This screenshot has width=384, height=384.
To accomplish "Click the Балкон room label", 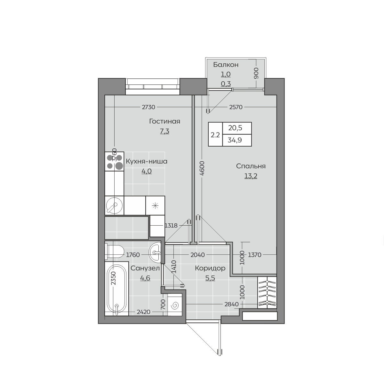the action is click(x=226, y=65).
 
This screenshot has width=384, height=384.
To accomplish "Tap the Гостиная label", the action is click(x=164, y=121).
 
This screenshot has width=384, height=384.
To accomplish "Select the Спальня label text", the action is click(x=251, y=166).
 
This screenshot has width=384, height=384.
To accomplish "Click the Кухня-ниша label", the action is click(x=147, y=161).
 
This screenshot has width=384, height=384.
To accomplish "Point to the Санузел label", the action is click(x=145, y=268).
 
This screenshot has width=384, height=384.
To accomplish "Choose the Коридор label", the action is click(x=210, y=268).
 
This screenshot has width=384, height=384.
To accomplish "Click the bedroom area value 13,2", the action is click(x=251, y=176).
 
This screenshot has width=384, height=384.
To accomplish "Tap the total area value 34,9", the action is click(x=235, y=140).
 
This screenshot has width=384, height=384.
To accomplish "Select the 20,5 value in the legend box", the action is click(x=235, y=128).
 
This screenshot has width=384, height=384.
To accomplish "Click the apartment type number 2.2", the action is click(x=215, y=135).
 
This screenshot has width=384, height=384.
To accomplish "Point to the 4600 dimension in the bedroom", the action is click(x=202, y=168).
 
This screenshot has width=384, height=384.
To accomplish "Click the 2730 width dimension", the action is click(x=148, y=107).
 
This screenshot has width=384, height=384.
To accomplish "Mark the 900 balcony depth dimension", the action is click(x=256, y=73).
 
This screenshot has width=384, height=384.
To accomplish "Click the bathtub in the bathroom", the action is click(x=116, y=289).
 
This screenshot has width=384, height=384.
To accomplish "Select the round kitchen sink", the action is click(x=114, y=205).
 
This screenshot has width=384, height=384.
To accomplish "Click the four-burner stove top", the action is click(x=114, y=161).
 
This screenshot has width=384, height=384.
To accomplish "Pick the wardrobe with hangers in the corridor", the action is click(x=267, y=292).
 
